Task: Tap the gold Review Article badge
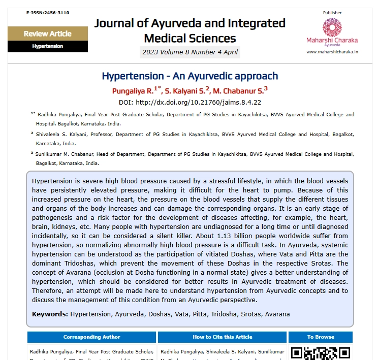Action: tap(47, 34)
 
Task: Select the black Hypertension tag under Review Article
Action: tap(47, 46)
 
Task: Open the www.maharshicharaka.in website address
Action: tap(332, 51)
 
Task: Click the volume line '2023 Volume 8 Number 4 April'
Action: tap(190, 52)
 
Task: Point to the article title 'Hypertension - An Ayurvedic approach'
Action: tap(190, 76)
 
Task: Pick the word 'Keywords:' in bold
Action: tap(50, 314)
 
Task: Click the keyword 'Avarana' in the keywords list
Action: tap(276, 314)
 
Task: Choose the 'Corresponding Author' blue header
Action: tap(91, 337)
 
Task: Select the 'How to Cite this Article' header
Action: tap(222, 337)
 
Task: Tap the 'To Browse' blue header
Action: tap(321, 337)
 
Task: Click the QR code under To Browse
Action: tap(321, 353)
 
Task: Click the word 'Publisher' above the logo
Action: tap(332, 13)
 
